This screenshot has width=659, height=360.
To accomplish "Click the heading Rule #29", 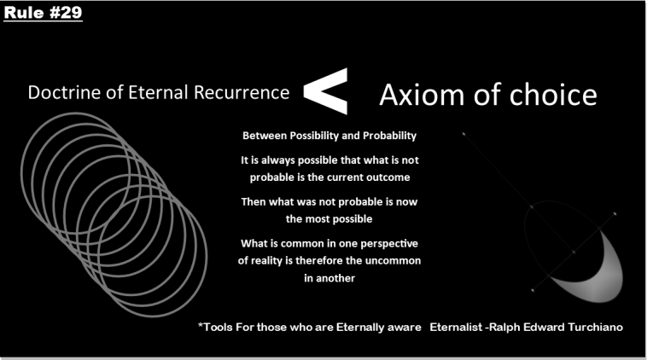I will coord(42,13).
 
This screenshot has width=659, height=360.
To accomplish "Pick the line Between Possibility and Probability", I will coord(329,136).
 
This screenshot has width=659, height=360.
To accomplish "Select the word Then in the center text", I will coord(257,201).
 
